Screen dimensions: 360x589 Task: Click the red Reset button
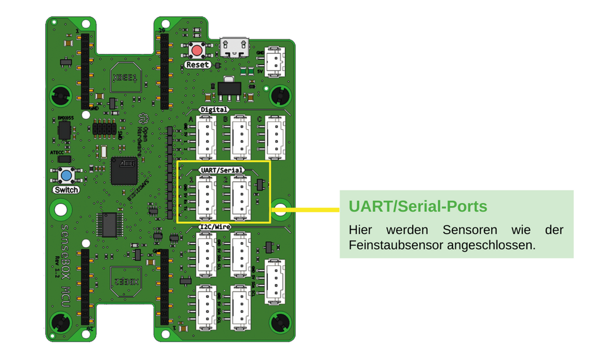click(x=198, y=50)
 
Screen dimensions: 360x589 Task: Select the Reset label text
click(x=197, y=65)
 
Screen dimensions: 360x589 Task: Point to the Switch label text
click(x=66, y=189)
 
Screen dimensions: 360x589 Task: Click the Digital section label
click(x=214, y=110)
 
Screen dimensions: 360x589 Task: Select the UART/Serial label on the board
click(x=221, y=170)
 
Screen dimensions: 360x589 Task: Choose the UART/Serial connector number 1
click(x=206, y=196)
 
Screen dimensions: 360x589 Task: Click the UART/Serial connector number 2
click(x=241, y=196)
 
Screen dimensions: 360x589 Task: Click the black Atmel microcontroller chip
click(x=124, y=171)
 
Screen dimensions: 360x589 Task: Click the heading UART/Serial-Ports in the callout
click(x=417, y=206)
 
